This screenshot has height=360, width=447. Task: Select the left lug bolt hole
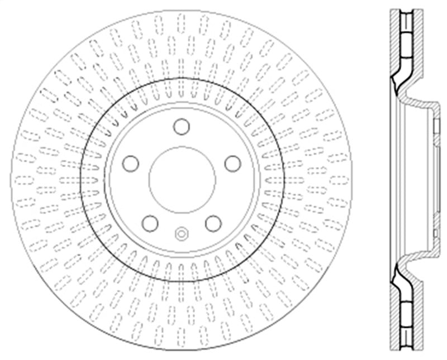click(x=130, y=164)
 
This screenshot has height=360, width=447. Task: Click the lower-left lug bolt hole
click(x=150, y=224)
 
